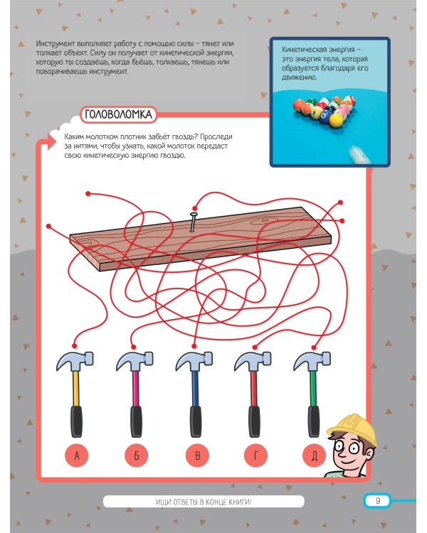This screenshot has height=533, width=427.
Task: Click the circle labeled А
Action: pos(77,455)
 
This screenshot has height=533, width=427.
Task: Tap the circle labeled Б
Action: pos(137,455)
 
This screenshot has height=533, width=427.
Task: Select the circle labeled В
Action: pos(198,455)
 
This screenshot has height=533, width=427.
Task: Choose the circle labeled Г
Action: pos(255,455)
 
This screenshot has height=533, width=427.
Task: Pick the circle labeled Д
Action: pos(315,455)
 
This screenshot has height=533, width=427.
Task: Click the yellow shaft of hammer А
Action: pos(76,388)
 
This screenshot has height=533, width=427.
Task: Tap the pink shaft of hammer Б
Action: pos(136,388)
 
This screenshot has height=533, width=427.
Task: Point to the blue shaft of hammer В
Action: pos(195,388)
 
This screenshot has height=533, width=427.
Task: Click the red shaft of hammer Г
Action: pos(253,388)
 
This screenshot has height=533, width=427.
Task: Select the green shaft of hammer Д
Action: pos(313,388)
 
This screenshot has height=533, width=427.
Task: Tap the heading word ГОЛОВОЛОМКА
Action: pos(118,114)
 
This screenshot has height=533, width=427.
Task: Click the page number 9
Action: pos(378,501)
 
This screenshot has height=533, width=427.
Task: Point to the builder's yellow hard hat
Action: pos(353,428)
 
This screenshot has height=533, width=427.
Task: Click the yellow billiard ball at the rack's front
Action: pos(336,119)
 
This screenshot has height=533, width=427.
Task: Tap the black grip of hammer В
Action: pos(196,421)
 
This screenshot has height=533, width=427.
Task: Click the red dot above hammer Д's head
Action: pos(314,348)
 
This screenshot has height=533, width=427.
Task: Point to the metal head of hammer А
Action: pos(75,361)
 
